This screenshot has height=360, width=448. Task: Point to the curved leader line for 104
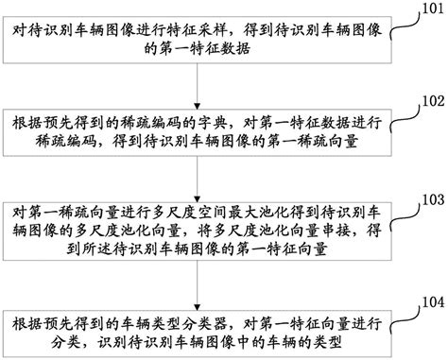pyautogui.click(x=404, y=308)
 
